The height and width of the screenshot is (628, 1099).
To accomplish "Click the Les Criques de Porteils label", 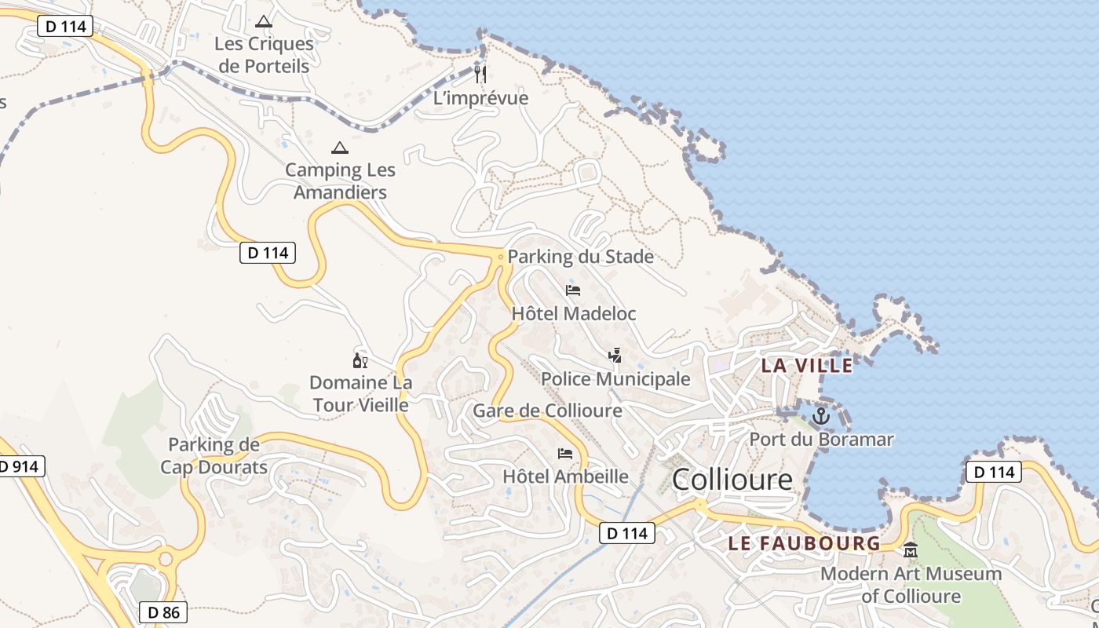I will pos(264,55).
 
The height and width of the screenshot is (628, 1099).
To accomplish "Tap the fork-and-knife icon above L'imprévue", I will pos(480,75).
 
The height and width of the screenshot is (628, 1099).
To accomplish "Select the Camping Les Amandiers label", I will pos(340,181).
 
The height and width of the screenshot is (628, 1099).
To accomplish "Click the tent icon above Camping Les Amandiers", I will pos(339,148).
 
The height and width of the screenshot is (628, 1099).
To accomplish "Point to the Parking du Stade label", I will pos(580,257).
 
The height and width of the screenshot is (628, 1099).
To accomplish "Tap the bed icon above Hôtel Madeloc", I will pos(573,290).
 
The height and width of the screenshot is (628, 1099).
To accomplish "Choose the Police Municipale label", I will pos(615,379).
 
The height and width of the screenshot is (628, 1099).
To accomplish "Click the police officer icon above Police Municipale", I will pos(615,356).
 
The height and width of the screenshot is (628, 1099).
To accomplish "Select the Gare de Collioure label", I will pos(547,411).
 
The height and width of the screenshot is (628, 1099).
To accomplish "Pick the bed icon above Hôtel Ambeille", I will pos(565,454).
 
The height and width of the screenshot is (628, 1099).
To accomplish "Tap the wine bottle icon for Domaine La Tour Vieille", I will pos(360,361).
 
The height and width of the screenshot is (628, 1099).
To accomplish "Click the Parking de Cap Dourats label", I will pos(214,456).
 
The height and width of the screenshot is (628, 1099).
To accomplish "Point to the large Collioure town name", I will pos(732,480).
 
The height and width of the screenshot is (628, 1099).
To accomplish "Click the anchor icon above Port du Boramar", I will pos(821,416).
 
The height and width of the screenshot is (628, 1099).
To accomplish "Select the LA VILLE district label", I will pos(807,365).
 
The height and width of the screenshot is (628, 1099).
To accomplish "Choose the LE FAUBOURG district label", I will pos(804,543).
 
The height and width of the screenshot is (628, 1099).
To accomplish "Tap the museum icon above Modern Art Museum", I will pos(911,550).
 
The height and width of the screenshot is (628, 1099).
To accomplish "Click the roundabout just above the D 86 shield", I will pos(166,560).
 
